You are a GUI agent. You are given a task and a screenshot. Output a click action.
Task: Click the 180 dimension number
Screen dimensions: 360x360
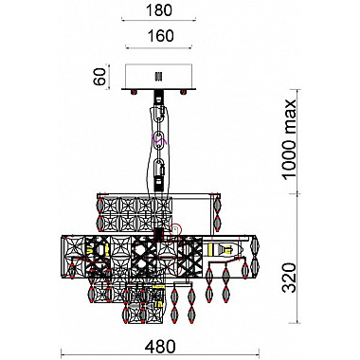coord(159,10)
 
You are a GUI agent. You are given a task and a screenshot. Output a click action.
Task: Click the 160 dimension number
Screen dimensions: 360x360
coord(160,36)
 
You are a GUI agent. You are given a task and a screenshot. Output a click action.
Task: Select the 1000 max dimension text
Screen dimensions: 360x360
coord(289,139)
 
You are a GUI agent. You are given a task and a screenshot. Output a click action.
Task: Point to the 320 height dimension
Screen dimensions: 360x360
coord(289,278)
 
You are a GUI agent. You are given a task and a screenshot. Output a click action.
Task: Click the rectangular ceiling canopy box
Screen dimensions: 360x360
coord(158,77)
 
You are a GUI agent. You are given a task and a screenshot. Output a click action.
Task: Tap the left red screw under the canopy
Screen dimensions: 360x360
coord(134,92)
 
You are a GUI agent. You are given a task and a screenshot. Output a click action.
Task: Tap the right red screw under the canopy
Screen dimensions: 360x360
coord(183,92)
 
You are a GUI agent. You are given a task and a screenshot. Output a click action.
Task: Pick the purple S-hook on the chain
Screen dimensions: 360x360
coord(158,137)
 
